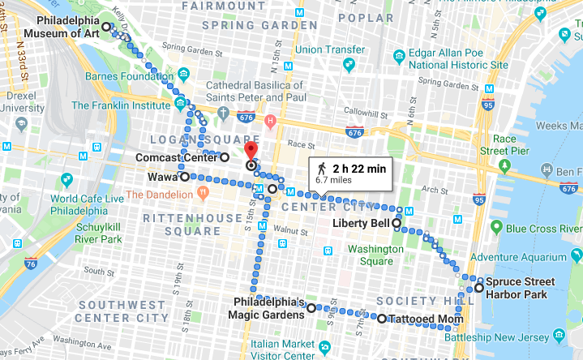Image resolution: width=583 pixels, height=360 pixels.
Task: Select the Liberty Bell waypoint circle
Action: (397, 223)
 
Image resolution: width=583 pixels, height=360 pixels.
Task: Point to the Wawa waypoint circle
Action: (185, 176)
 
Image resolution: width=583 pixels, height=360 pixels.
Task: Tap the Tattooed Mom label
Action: (420, 319)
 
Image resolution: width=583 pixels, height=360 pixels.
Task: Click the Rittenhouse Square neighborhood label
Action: (182, 225)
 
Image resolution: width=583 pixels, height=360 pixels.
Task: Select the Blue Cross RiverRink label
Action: (531, 229)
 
